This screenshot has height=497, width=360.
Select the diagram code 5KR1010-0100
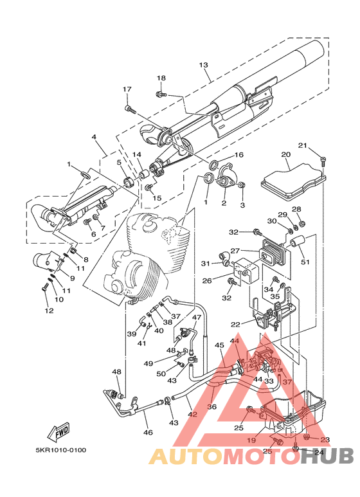tap(61, 450)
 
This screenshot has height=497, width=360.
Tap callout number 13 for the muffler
tap(204, 65)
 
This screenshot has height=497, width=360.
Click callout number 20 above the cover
tap(286, 155)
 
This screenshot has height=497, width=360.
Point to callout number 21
tap(303, 145)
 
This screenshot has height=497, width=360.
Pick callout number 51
tap(305, 262)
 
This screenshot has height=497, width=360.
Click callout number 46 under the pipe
tap(148, 432)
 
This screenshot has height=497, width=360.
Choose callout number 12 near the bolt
tap(49, 311)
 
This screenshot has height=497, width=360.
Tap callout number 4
tap(94, 137)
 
